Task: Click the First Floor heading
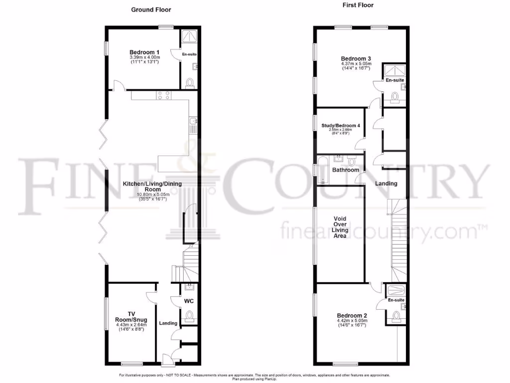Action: pos(358,5)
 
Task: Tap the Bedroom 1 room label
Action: pos(144,52)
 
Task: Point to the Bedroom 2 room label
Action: pos(352,315)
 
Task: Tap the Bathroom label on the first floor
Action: pos(346,170)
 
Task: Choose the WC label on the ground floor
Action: pos(189,301)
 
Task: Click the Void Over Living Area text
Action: pos(341,227)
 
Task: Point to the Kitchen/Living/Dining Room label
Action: pos(152,187)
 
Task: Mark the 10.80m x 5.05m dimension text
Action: pos(152,194)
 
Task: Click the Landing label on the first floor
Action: pos(386,184)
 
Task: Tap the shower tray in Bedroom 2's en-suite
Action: pos(395,290)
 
